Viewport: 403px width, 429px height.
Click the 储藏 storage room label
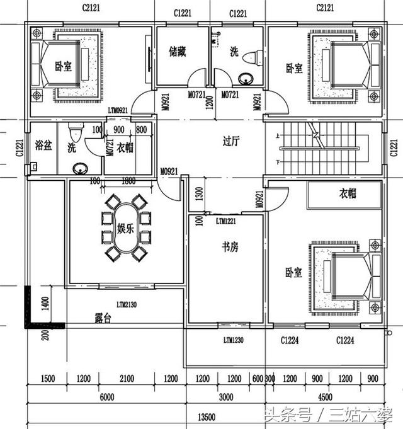pos(176,52)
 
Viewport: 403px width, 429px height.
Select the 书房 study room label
pos(230,248)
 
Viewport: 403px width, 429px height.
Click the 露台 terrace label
pos(103,319)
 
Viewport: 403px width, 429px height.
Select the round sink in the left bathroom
pos(80,168)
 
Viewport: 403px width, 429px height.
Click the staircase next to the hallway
pos(318,146)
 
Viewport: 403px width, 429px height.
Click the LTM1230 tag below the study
pos(235,341)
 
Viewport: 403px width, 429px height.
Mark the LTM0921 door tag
pos(118,110)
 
